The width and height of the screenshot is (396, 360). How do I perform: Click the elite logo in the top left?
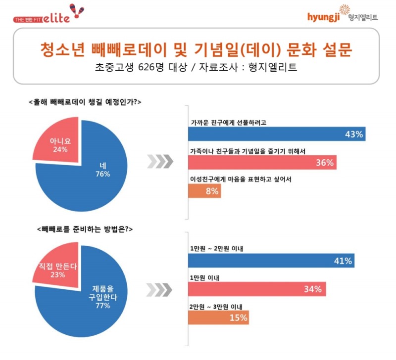click(49, 16)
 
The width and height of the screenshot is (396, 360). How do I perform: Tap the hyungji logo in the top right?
click(342, 16)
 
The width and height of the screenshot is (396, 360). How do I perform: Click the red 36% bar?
click(262, 162)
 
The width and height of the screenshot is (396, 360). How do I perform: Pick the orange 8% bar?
click(204, 191)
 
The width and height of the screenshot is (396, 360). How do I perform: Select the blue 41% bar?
click(271, 260)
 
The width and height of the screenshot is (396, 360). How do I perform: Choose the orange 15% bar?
click(218, 317)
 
